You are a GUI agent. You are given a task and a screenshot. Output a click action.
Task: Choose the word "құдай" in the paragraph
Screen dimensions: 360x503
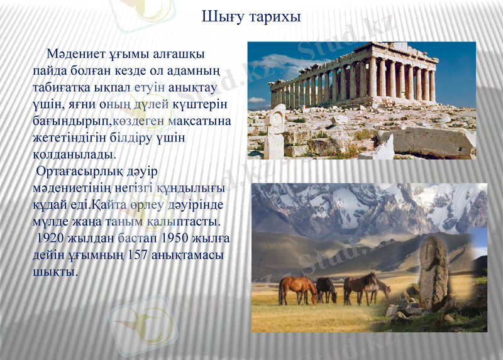(51, 205)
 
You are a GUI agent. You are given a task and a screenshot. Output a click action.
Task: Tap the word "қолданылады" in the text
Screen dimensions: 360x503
(74, 153)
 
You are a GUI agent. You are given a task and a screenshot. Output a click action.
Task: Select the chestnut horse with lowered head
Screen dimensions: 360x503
(298, 289)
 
